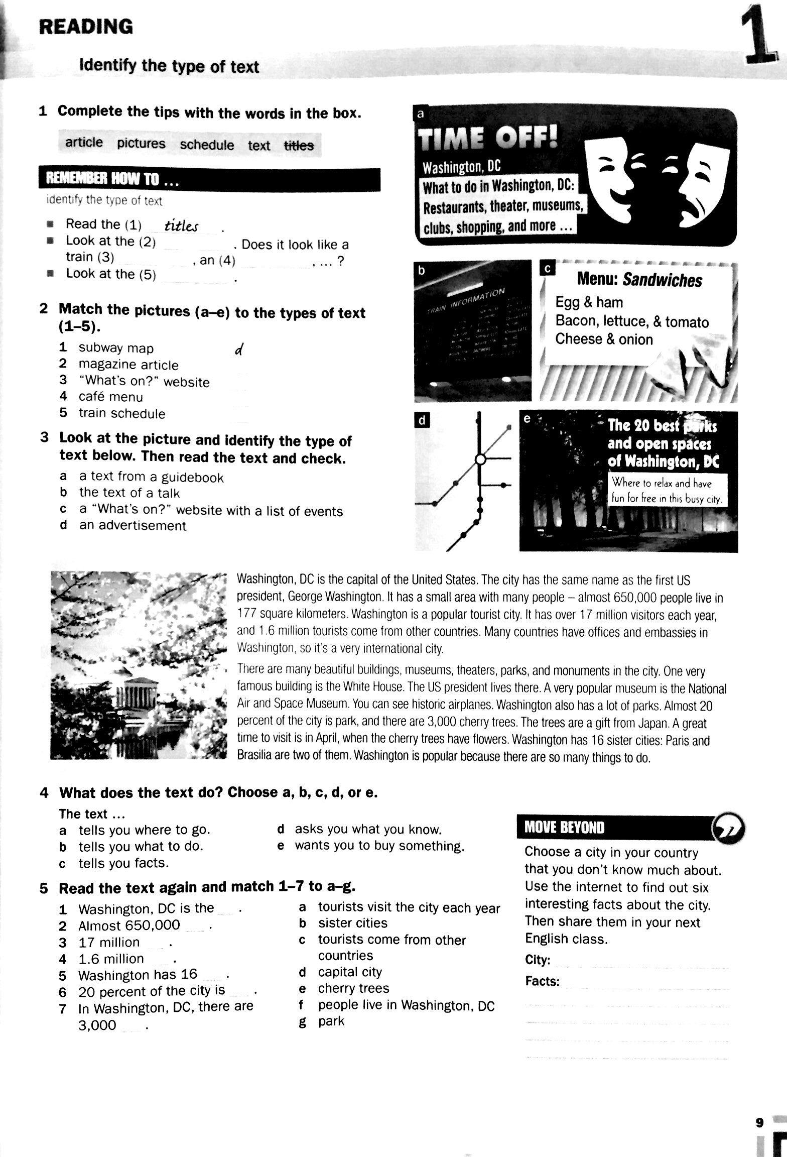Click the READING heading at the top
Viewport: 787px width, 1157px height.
point(86,27)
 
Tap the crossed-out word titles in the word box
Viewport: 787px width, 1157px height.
point(299,146)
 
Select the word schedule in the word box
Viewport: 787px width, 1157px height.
point(207,145)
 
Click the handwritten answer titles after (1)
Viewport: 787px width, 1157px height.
point(182,226)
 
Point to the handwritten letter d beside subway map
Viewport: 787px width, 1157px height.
point(239,350)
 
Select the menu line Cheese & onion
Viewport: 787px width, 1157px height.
point(603,339)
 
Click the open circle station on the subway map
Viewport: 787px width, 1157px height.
point(480,459)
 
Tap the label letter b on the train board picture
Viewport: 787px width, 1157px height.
point(422,271)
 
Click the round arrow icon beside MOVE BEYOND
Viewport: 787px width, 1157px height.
point(729,827)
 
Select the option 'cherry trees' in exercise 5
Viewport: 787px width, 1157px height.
point(353,988)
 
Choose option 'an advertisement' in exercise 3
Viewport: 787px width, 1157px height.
point(133,526)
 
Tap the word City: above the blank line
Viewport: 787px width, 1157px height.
point(538,960)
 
